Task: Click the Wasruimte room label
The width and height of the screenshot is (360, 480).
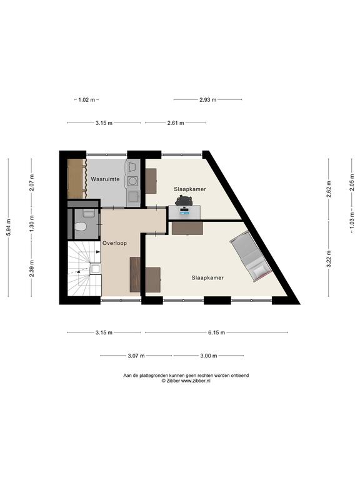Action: pos(105,179)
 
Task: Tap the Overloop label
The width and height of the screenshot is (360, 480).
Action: pos(114,243)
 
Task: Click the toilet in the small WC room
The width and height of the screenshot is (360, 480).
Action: pos(81,226)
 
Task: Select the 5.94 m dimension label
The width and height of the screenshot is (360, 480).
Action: pos(9,227)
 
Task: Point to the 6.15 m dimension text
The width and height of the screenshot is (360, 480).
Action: pos(216,332)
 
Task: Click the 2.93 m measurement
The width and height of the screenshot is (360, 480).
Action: pos(208,99)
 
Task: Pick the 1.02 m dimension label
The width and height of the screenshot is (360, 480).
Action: pos(87,99)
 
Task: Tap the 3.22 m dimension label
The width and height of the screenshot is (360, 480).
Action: pos(329,259)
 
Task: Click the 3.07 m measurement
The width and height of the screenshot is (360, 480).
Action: pos(136,356)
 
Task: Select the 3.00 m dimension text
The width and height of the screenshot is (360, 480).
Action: pos(209,356)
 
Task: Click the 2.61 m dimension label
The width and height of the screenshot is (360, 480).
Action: pos(176,123)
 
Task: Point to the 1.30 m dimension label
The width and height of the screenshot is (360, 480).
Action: pos(32,224)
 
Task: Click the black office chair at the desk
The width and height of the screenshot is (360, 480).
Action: pos(184,200)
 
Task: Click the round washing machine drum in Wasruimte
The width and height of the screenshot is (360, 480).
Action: pos(132,181)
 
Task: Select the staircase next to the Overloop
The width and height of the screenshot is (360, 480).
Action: pos(84,269)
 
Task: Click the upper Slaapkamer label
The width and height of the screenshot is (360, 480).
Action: pos(190,189)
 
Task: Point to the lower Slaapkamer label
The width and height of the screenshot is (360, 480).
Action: pos(207,278)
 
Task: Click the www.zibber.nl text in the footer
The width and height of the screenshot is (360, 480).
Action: pos(196,381)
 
